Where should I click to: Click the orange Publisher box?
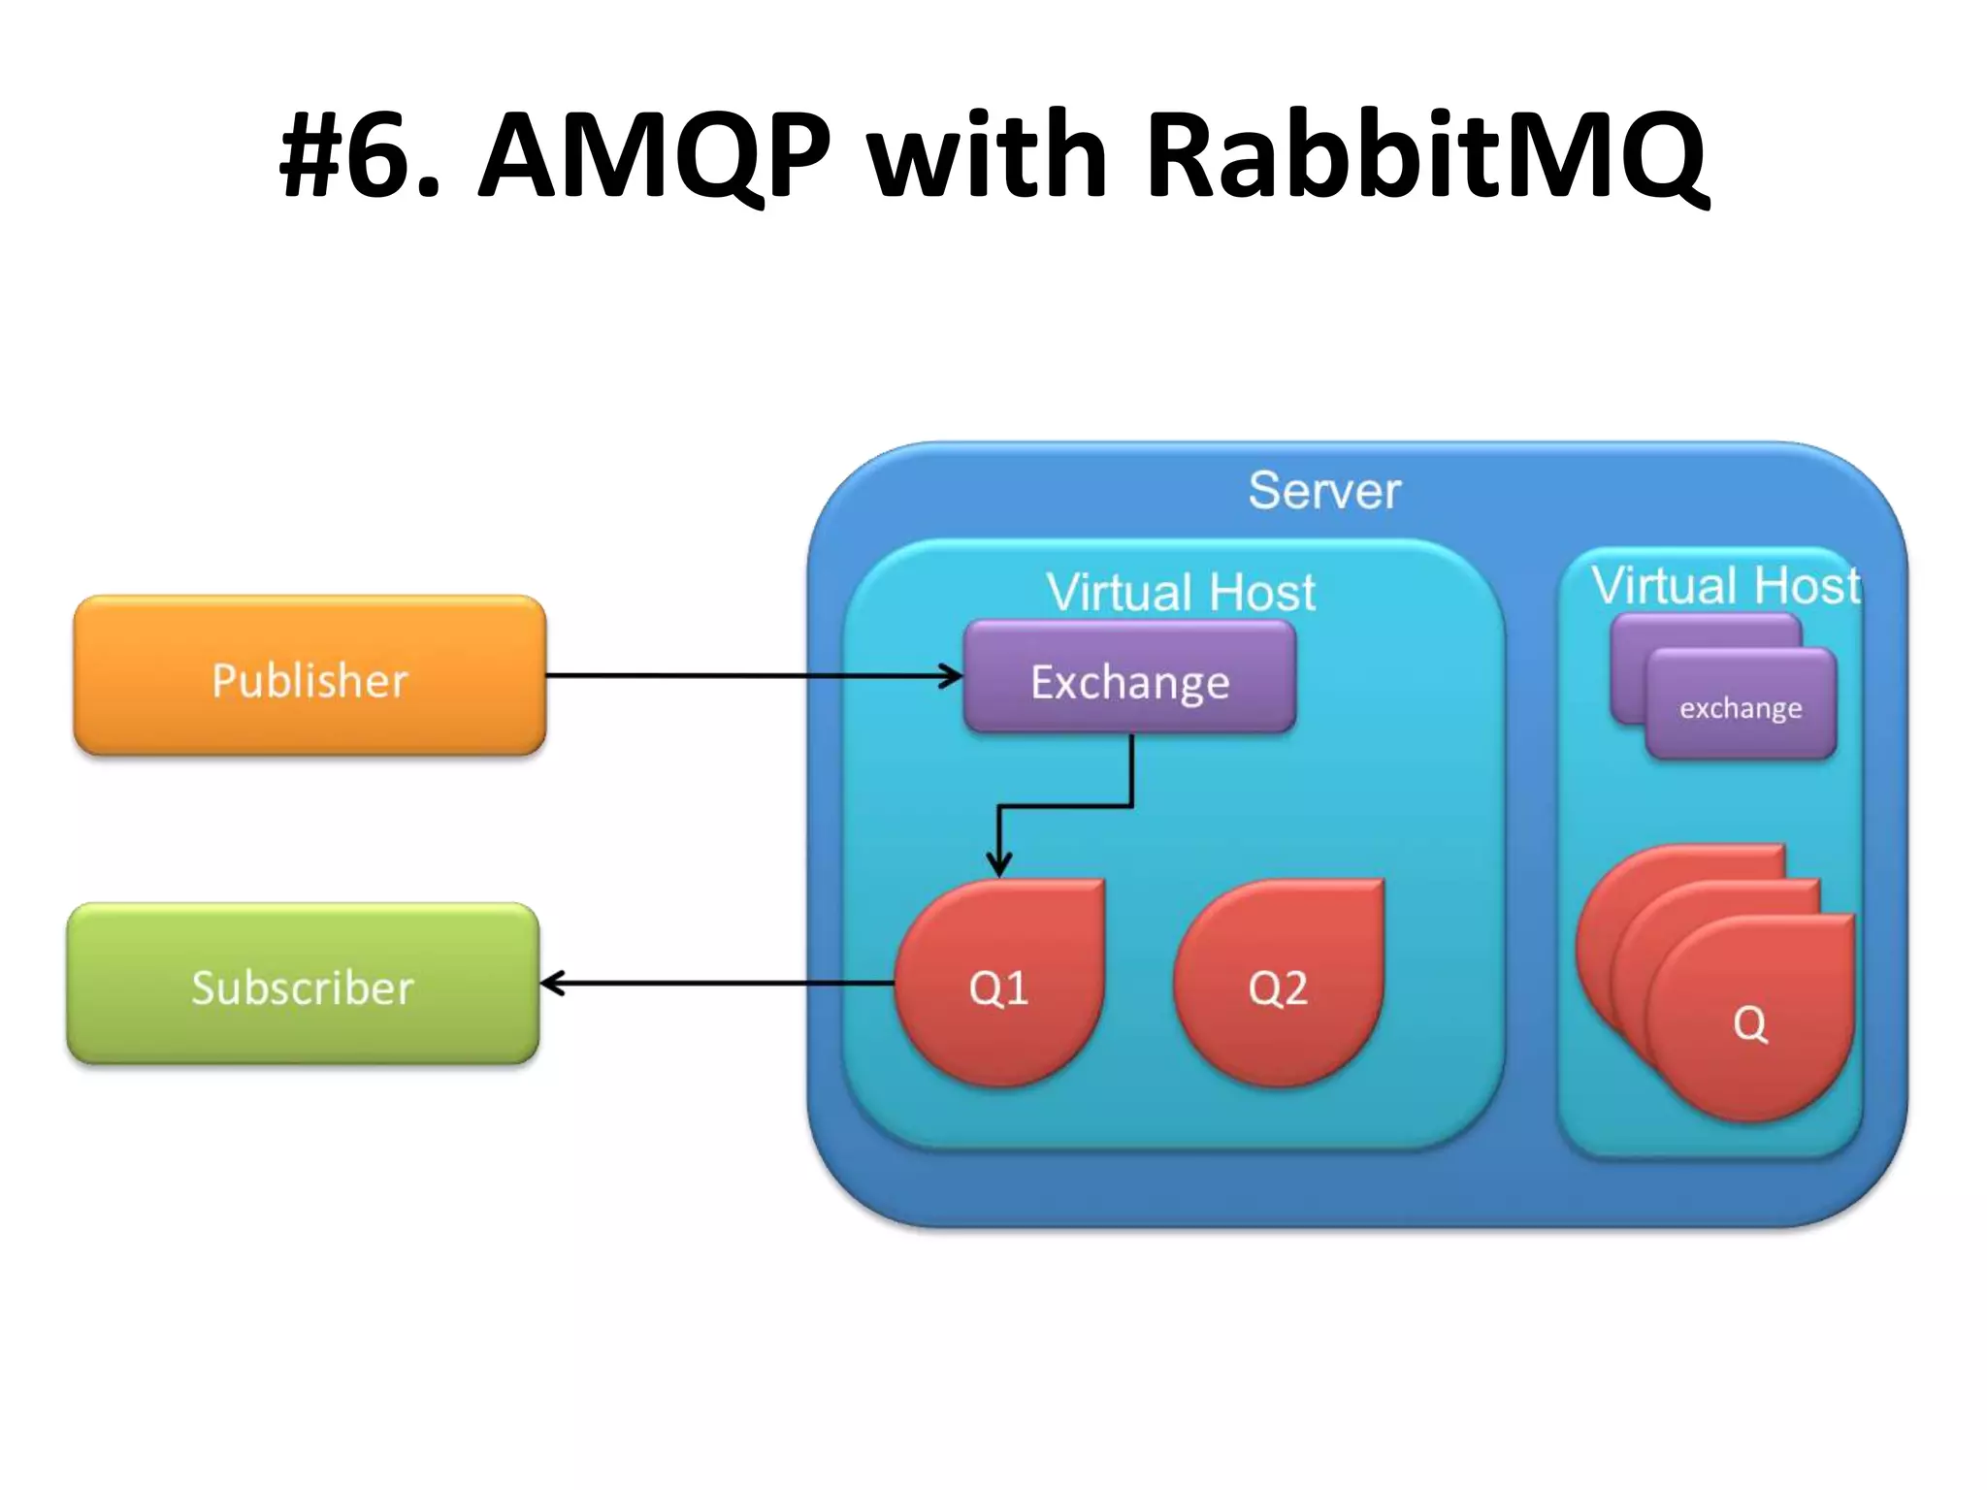click(x=309, y=676)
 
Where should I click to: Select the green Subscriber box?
click(x=303, y=985)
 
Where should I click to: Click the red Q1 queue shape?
click(x=999, y=985)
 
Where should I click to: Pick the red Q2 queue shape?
click(x=1278, y=985)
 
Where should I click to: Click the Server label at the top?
click(x=1324, y=491)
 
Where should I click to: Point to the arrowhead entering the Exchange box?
click(x=953, y=676)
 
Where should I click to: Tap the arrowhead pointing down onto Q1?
click(x=999, y=864)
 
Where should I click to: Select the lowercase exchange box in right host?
click(x=1741, y=707)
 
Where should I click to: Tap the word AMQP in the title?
click(x=654, y=155)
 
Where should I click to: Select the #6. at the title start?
click(x=359, y=155)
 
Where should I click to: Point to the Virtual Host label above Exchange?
click(x=1180, y=592)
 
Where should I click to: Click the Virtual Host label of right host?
click(x=1725, y=586)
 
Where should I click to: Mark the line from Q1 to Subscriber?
click(x=718, y=984)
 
